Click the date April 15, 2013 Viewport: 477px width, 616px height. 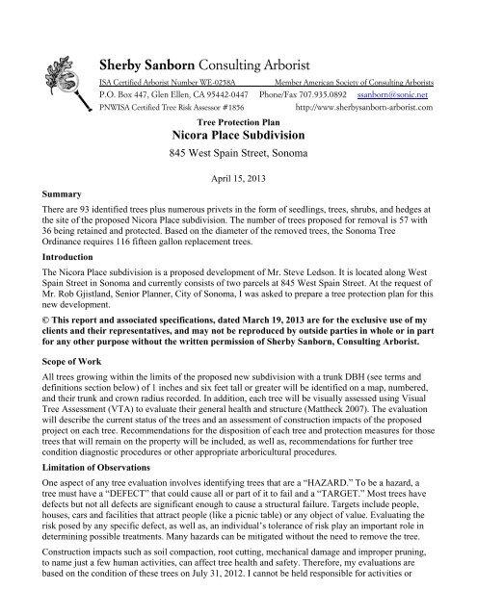click(237, 178)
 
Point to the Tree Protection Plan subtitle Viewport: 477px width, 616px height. click(237, 124)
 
